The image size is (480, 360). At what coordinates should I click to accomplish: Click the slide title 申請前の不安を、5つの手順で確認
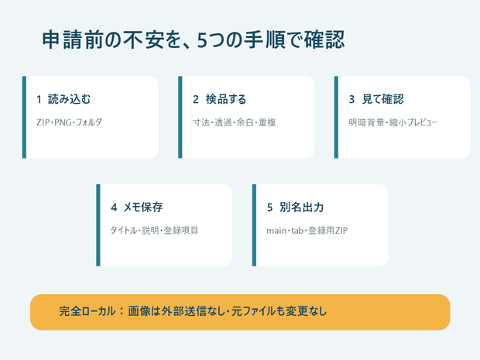pyautogui.click(x=194, y=39)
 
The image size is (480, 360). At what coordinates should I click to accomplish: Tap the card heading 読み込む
pyautogui.click(x=69, y=99)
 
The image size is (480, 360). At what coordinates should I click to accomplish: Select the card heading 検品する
pyautogui.click(x=226, y=99)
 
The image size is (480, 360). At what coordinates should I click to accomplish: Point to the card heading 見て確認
pyautogui.click(x=382, y=99)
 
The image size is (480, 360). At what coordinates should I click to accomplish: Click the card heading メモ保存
pyautogui.click(x=143, y=207)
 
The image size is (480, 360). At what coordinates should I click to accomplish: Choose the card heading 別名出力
pyautogui.click(x=301, y=207)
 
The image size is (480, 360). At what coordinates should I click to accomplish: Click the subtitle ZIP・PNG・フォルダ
pyautogui.click(x=69, y=122)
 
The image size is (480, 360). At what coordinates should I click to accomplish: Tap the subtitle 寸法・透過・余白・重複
pyautogui.click(x=234, y=122)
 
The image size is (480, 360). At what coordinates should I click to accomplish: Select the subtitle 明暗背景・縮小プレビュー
pyautogui.click(x=393, y=122)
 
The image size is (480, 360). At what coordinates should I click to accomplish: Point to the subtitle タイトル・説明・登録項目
pyautogui.click(x=154, y=230)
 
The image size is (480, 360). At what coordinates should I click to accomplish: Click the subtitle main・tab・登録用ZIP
pyautogui.click(x=307, y=230)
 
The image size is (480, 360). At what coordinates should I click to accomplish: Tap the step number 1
pyautogui.click(x=39, y=100)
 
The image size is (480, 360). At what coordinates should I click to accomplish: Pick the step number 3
pyautogui.click(x=351, y=100)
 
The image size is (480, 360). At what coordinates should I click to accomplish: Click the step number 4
pyautogui.click(x=114, y=207)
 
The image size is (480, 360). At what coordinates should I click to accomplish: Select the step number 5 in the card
pyautogui.click(x=269, y=207)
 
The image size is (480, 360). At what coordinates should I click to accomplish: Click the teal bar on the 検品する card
pyautogui.click(x=180, y=117)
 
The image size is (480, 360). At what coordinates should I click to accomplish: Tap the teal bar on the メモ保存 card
pyautogui.click(x=98, y=225)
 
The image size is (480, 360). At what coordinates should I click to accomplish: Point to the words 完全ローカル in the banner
pyautogui.click(x=87, y=311)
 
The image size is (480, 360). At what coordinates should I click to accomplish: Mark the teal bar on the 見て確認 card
pyautogui.click(x=336, y=117)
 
